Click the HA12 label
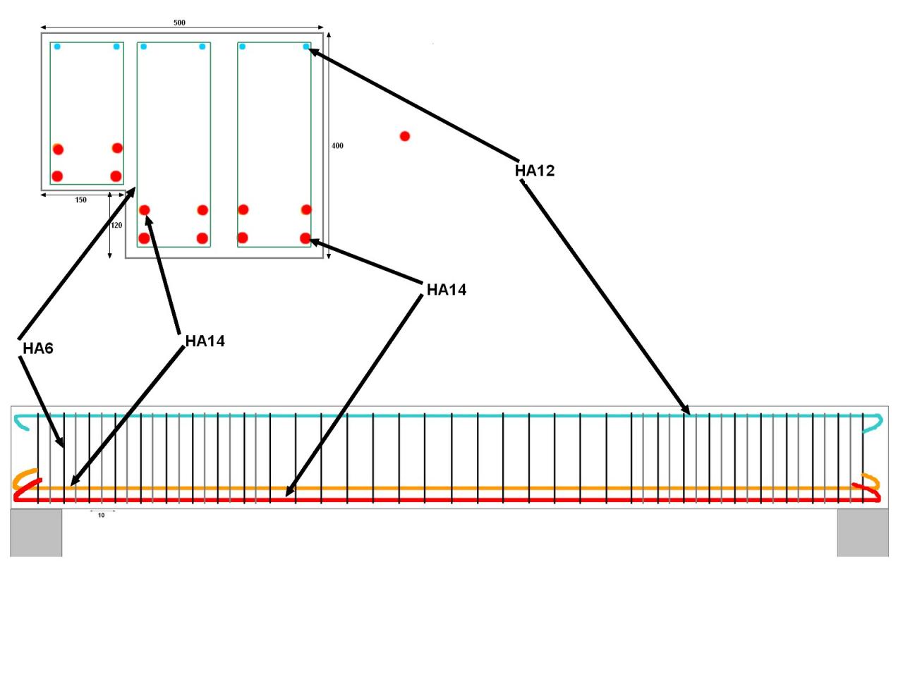tap(534, 171)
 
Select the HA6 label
tap(37, 348)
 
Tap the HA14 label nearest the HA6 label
tap(205, 341)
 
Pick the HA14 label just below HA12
tap(446, 290)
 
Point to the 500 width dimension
tap(179, 23)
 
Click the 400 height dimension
tap(337, 146)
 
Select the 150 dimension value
tap(80, 200)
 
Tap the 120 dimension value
tap(116, 226)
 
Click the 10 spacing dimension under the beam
tap(101, 516)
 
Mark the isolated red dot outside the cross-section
tap(404, 136)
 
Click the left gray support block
tap(36, 532)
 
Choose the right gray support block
tap(862, 532)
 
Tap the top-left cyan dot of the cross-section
tap(57, 47)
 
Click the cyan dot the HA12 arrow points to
tap(306, 47)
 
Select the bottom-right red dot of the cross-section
tap(305, 238)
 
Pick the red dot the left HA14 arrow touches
tap(145, 210)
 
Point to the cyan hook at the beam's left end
tap(21, 422)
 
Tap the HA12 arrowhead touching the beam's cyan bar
tap(686, 411)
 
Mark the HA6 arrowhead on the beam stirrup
tap(61, 444)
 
